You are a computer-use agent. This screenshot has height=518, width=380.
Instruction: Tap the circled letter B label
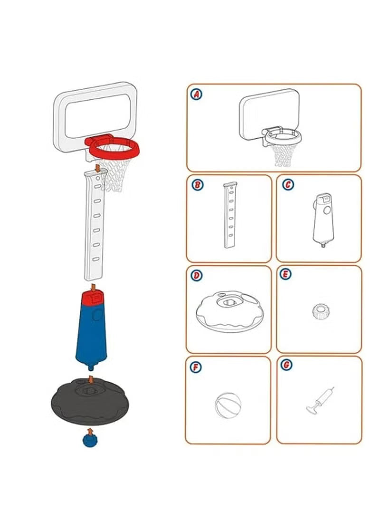(196, 184)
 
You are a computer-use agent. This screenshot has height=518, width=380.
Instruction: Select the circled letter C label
(287, 184)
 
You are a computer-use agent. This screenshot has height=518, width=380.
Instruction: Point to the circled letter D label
(196, 275)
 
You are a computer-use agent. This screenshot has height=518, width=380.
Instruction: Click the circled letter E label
(287, 274)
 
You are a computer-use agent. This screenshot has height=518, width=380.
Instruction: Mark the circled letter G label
(287, 365)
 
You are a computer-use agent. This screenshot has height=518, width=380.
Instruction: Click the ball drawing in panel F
(228, 405)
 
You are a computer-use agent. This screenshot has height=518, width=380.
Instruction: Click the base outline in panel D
(227, 311)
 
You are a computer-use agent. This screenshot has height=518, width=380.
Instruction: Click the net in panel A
(284, 154)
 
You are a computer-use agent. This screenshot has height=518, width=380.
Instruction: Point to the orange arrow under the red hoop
(97, 168)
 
